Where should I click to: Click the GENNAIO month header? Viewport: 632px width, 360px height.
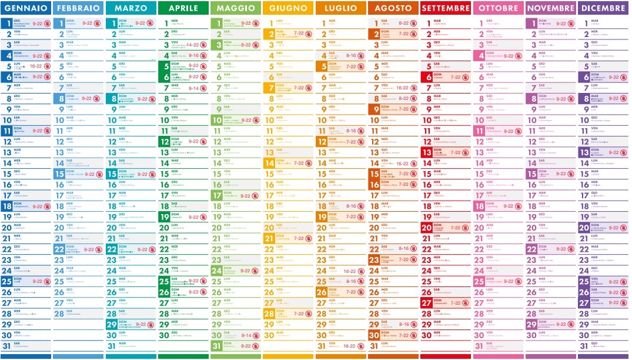pyautogui.click(x=26, y=8)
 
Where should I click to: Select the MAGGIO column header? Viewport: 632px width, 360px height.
pyautogui.click(x=236, y=8)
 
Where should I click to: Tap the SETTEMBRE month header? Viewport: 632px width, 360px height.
pyautogui.click(x=446, y=8)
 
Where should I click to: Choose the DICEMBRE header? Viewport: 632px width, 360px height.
pyautogui.click(x=603, y=8)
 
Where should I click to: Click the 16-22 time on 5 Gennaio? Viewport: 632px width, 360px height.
pyautogui.click(x=36, y=66)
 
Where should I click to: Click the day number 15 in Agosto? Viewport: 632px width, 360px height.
pyautogui.click(x=375, y=174)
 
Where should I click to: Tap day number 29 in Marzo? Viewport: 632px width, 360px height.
pyautogui.click(x=112, y=324)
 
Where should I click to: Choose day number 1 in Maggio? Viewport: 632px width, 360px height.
pyautogui.click(x=217, y=24)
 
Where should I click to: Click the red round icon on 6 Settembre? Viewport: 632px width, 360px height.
pyautogui.click(x=466, y=77)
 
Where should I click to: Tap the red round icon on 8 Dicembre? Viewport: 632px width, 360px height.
pyautogui.click(x=624, y=99)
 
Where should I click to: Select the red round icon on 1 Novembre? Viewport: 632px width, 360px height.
pyautogui.click(x=571, y=24)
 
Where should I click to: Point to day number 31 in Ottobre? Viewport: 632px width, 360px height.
pyautogui.click(x=480, y=346)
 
